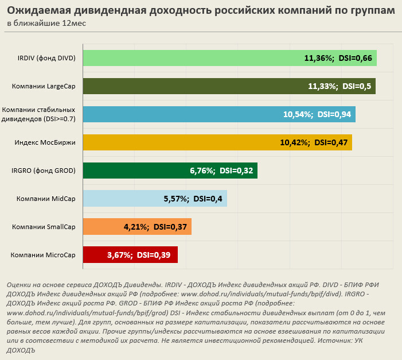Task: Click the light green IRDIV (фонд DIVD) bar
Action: (x=189, y=58)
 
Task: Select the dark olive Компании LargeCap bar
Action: (x=189, y=86)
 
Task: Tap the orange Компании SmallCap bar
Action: (x=103, y=227)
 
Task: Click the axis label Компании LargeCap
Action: (x=44, y=86)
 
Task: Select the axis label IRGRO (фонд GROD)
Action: (x=44, y=171)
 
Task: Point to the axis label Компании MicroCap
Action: (x=43, y=255)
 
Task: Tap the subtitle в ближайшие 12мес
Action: (x=39, y=24)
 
